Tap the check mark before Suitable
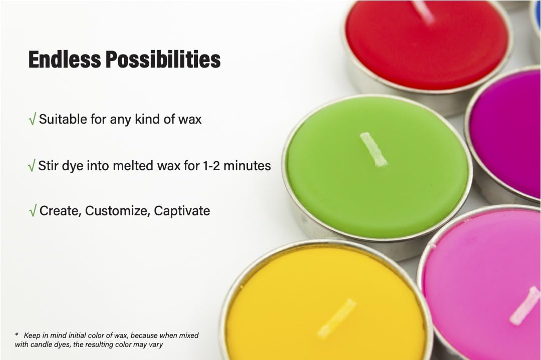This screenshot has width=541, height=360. click(32, 120)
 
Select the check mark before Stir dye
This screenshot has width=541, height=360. click(32, 166)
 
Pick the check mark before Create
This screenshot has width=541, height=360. click(33, 211)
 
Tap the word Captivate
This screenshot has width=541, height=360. click(182, 211)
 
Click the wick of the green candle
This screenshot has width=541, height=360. click(374, 149)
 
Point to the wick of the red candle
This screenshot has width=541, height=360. click(425, 11)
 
